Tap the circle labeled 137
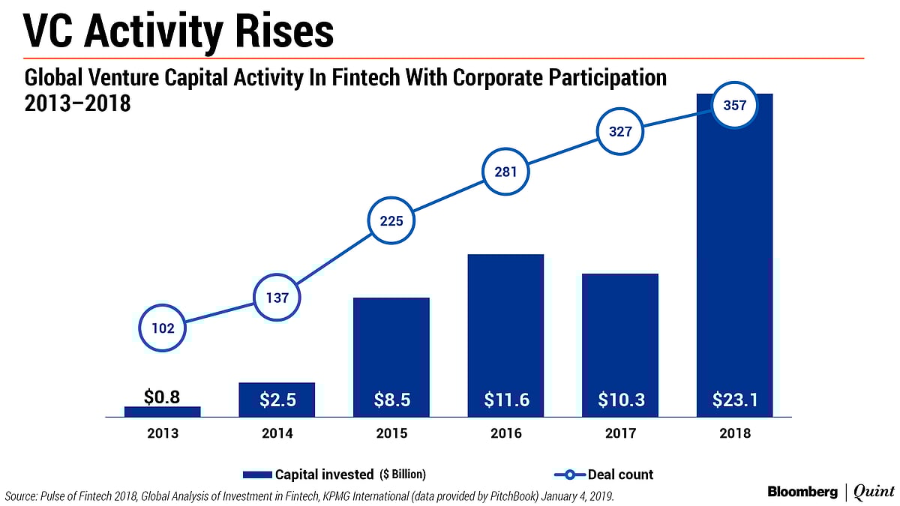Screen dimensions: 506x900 277,298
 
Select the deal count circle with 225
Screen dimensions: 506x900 391,221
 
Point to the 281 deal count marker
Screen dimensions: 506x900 505,170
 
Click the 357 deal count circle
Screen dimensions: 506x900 734,106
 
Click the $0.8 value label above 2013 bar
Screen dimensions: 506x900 162,397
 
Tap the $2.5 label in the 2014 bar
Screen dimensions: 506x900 277,400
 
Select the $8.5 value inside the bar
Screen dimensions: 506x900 391,400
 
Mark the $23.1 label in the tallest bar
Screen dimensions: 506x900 734,400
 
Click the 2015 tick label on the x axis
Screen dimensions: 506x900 391,433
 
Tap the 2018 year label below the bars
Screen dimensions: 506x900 734,433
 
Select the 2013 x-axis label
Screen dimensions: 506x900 162,433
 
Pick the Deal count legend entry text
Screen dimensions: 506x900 620,475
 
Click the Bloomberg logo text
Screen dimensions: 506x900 803,492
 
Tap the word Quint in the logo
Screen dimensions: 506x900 873,492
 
